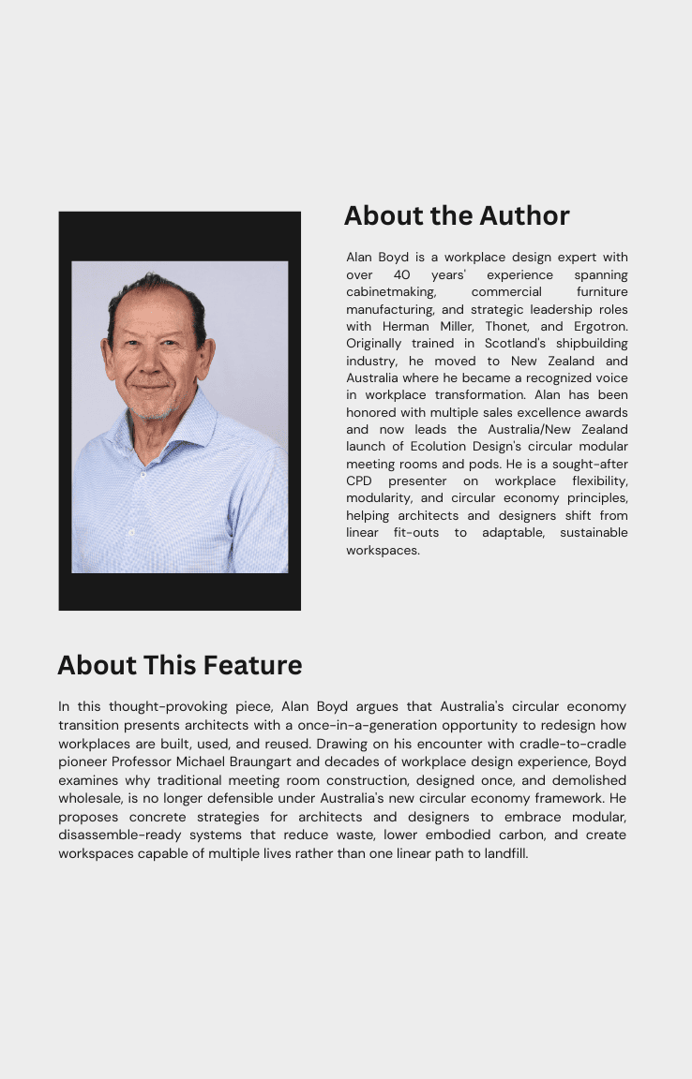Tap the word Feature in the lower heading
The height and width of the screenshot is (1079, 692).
pyautogui.click(x=252, y=666)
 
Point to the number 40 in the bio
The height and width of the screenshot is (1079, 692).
pyautogui.click(x=401, y=275)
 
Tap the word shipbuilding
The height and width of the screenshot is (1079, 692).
pyautogui.click(x=592, y=344)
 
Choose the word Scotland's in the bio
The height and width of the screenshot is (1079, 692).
pyautogui.click(x=505, y=344)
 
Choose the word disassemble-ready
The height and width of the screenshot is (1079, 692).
pyautogui.click(x=117, y=835)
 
